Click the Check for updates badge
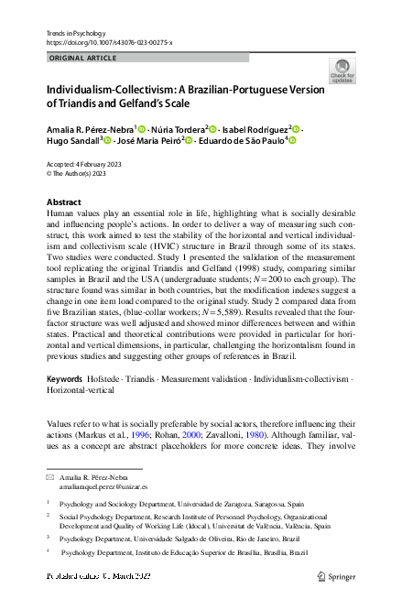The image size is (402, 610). pyautogui.click(x=342, y=71)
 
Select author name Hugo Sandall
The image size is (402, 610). pyautogui.click(x=71, y=141)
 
